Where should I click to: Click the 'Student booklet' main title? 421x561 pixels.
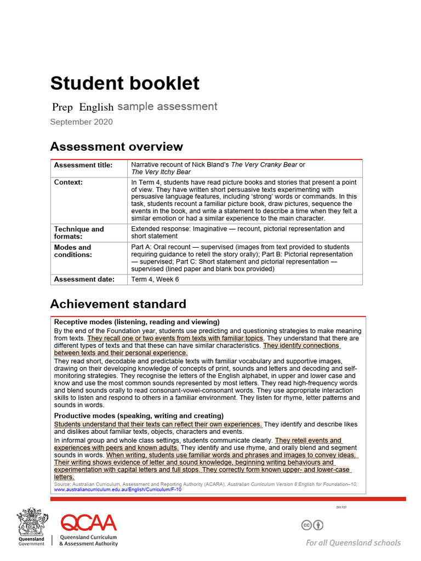(x=125, y=83)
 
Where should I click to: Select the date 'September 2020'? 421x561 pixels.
(x=81, y=122)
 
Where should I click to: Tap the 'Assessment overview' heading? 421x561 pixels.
(x=116, y=147)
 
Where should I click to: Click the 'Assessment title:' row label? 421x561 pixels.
(x=83, y=165)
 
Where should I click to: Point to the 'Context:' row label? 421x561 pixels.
(x=69, y=182)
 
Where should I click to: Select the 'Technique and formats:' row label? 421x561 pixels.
(x=78, y=232)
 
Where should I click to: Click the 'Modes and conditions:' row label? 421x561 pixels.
(x=73, y=251)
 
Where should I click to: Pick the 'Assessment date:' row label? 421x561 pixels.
(x=84, y=279)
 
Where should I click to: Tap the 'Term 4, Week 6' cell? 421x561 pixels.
(x=155, y=279)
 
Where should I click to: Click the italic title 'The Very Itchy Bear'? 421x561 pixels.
(x=161, y=171)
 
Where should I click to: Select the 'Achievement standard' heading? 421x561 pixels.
(x=118, y=304)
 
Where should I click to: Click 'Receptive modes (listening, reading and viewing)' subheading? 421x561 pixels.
(x=136, y=322)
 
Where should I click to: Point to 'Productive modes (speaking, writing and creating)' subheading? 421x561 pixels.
(x=139, y=416)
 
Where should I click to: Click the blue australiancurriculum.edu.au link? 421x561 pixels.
(x=117, y=489)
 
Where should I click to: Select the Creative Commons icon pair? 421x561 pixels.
(x=312, y=525)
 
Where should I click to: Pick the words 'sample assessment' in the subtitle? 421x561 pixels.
(x=167, y=107)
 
